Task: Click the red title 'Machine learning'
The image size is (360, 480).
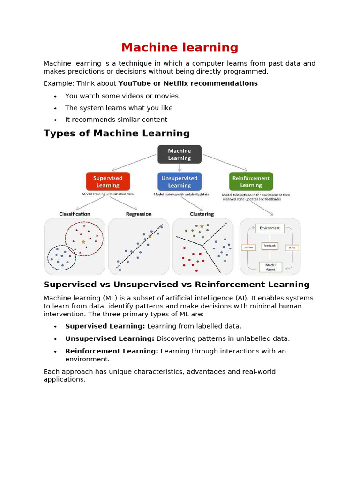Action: coord(180,47)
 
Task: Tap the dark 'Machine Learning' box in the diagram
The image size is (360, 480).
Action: coord(180,154)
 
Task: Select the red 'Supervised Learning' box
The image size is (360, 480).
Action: coord(108,181)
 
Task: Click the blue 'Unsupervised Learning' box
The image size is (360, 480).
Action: coord(180,181)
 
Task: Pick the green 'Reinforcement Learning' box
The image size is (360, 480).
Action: coord(251,181)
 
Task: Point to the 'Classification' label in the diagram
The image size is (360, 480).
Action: coord(75,214)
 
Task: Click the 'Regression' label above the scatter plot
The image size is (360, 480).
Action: coord(139,214)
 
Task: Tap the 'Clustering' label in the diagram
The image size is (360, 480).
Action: coord(202,214)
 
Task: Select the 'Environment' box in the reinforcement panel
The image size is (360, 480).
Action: coord(270,228)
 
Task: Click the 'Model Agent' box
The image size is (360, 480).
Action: coord(270,267)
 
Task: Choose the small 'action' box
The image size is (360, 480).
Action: coord(248,247)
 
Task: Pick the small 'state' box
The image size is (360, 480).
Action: coord(292,247)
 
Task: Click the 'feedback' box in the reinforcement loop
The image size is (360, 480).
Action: coord(270,245)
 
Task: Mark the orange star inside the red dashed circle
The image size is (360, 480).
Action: coord(83,242)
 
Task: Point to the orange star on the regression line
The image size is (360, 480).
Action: coord(150,236)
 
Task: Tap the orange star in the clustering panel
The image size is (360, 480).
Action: coord(202,226)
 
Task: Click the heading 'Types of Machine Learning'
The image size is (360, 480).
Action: coord(117,134)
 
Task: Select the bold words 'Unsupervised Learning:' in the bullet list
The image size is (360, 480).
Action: coord(110,338)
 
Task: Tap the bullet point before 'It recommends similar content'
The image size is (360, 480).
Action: coord(55,120)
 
